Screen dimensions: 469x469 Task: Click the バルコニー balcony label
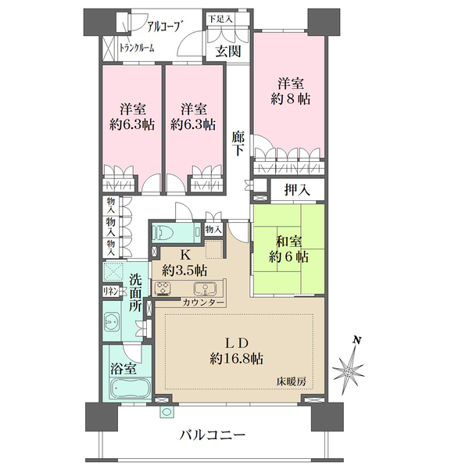coord(212,434)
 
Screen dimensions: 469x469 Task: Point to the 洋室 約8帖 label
coord(290,91)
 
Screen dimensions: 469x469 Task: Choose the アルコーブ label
coord(159,24)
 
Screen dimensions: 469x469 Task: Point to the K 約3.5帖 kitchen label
coord(185,263)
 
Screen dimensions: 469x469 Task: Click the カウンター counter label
coord(204,303)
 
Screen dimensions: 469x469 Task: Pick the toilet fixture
coord(165,232)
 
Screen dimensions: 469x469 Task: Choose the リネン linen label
coord(109,292)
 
